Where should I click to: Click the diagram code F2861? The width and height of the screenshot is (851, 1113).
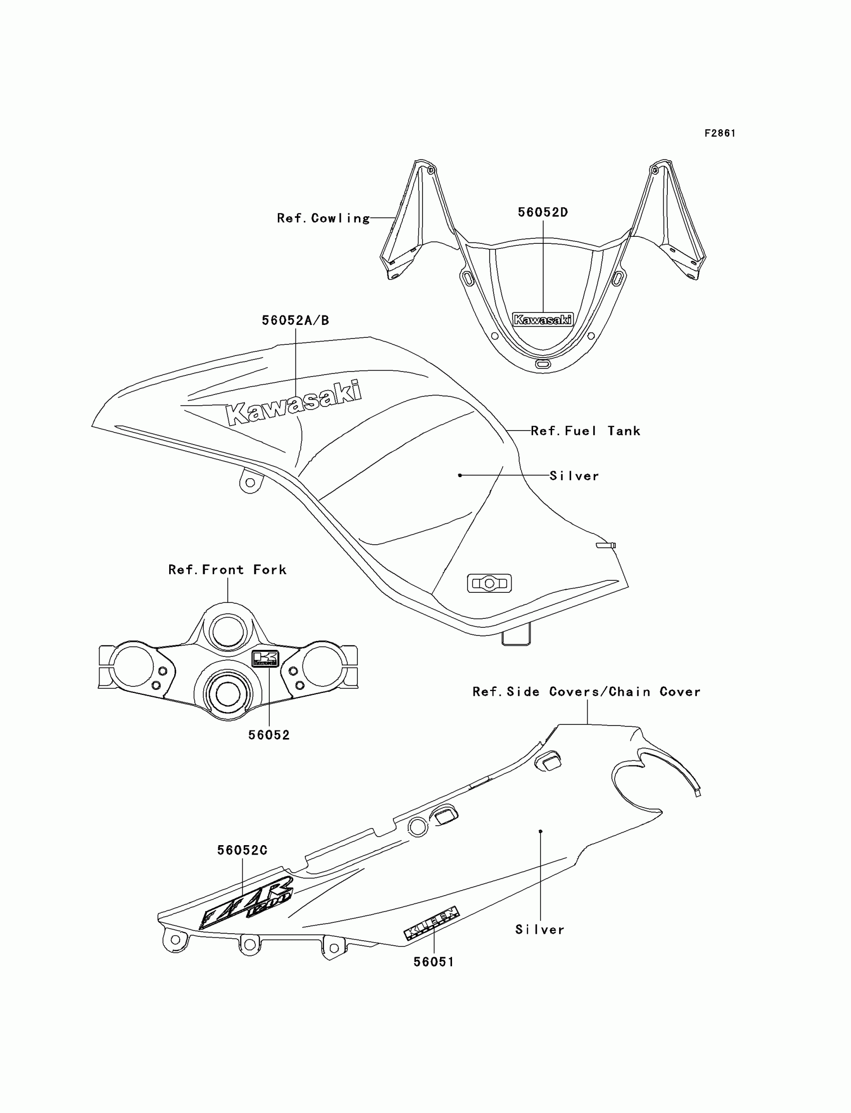(720, 133)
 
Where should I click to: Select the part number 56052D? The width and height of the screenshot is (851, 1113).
(543, 212)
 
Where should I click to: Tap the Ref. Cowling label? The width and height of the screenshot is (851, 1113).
(323, 218)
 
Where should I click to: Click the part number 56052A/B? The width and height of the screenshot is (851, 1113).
(295, 320)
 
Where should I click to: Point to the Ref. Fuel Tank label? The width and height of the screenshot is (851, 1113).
(586, 431)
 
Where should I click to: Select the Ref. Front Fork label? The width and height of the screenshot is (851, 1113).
(227, 570)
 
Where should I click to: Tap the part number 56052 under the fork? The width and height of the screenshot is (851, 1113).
(269, 735)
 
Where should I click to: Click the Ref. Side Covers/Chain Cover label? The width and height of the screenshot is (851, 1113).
(587, 692)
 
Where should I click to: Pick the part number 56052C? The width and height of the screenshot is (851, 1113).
(242, 851)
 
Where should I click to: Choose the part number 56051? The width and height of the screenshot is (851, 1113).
(434, 962)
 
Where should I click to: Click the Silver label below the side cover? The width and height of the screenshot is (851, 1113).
(540, 930)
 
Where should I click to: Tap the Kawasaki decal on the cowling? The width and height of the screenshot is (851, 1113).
(543, 319)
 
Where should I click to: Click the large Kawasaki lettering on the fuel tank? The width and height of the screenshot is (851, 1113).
(294, 403)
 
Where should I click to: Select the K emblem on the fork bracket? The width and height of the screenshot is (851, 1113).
(265, 658)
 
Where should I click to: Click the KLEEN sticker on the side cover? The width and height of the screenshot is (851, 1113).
(432, 923)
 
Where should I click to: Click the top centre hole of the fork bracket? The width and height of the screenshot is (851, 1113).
(228, 631)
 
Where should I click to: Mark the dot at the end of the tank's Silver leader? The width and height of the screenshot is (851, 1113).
(460, 475)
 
